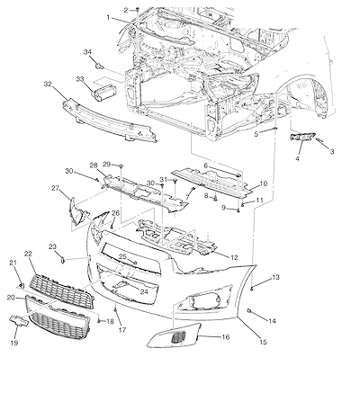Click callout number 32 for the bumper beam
[48, 84]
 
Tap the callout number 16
[226, 337]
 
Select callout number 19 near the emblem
[14, 343]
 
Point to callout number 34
[87, 52]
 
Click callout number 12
[234, 257]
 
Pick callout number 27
[56, 188]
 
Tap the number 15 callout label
[263, 342]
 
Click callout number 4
[297, 158]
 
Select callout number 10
[263, 183]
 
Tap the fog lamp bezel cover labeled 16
[174, 335]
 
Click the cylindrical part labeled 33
[102, 94]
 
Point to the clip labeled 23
[62, 260]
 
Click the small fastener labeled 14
[249, 310]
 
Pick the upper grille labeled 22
[62, 291]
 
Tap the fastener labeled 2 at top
[138, 10]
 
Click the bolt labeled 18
[99, 321]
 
